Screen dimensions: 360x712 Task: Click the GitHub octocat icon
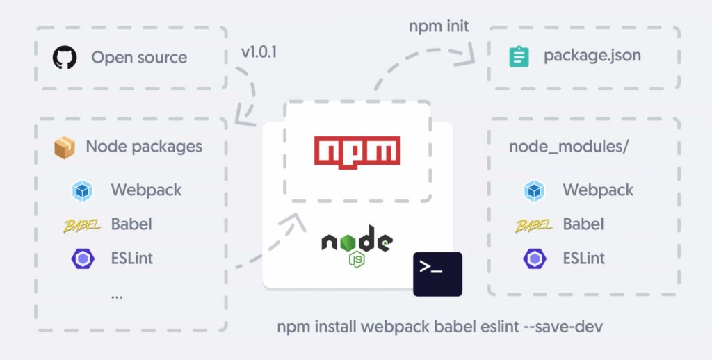(65, 57)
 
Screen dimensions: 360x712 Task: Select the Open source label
(139, 57)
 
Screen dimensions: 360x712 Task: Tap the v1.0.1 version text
(259, 52)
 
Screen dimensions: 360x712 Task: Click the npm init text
(439, 27)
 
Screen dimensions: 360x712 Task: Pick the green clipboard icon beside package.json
(519, 56)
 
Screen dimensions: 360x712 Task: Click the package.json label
(592, 56)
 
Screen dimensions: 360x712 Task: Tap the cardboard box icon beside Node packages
(64, 147)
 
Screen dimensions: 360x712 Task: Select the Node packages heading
(144, 147)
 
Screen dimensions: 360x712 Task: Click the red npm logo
(357, 150)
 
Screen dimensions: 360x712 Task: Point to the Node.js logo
(357, 245)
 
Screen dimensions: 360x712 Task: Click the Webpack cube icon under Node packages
(82, 190)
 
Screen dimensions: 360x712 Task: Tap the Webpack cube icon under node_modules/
(534, 190)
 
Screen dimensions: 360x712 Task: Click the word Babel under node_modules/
(583, 224)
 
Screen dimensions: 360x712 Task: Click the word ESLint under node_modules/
(584, 259)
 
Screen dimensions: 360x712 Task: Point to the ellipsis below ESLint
(117, 295)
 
